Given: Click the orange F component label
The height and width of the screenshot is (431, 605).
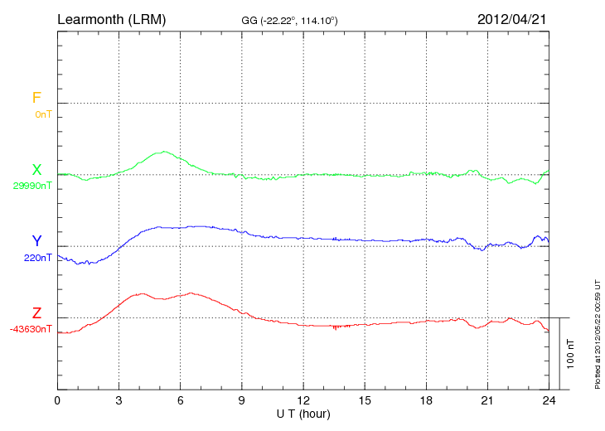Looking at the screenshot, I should pos(36,99).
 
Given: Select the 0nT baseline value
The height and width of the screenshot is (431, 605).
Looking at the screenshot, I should pos(43,114).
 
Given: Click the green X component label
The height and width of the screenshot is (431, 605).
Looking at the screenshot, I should pos(36,170).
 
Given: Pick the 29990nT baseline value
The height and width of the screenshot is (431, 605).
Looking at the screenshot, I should pos(32,186).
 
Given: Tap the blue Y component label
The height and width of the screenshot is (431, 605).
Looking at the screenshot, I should pos(36,241).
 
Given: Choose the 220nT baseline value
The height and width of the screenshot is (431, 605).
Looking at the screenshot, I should pos(37,257).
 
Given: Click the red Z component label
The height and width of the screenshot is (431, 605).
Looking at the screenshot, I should pos(36,313).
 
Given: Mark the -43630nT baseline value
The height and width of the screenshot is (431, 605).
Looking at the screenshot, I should pos(31,329).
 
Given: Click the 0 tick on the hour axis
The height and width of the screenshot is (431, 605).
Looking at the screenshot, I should pos(57,400).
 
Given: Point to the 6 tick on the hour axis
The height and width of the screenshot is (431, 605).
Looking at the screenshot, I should pos(181,400).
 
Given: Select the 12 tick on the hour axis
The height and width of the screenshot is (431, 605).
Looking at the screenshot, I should pos(303,400).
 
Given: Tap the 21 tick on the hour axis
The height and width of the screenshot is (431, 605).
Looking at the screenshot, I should pos(488,400).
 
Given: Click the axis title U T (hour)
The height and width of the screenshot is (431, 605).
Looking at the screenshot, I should pos(303,413).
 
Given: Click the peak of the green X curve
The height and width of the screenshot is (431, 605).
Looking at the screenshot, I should pos(166,152).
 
